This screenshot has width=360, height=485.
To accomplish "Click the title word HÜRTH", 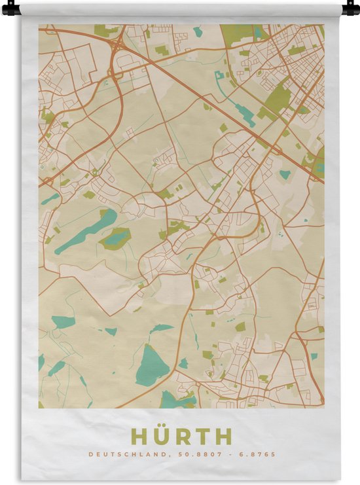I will (181, 437).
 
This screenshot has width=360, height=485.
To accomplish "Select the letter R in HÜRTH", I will (181, 437).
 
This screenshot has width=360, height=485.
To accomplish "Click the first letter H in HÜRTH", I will (137, 437).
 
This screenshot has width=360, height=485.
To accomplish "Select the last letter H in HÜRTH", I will (224, 437).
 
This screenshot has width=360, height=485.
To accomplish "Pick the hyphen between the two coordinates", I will (229, 454).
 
